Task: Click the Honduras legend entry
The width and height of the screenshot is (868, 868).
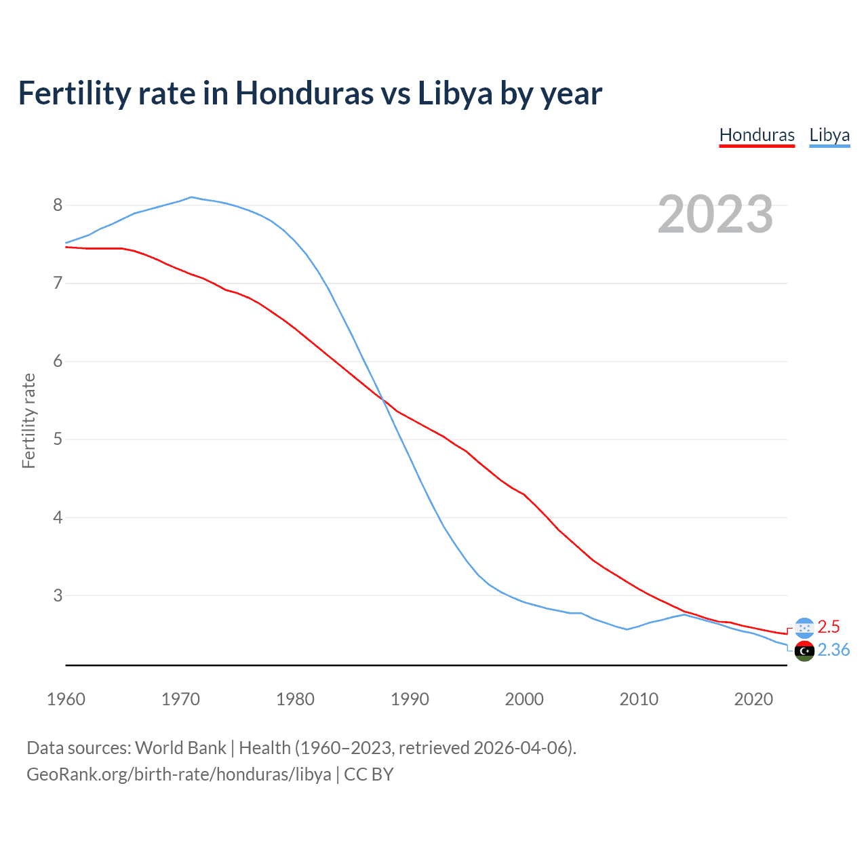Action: coord(756,135)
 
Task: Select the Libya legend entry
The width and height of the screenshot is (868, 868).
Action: coord(829,135)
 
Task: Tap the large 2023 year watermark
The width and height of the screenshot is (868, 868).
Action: coord(715,214)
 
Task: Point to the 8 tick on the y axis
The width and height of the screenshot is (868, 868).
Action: coord(58,205)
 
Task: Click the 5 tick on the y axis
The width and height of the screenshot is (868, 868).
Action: coord(58,439)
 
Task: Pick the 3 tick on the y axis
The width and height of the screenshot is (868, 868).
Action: coord(58,595)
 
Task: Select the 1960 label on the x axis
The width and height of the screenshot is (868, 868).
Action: coord(66,699)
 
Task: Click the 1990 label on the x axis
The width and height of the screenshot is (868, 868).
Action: coord(410,699)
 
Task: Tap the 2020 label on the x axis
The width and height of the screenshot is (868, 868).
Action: coord(753,699)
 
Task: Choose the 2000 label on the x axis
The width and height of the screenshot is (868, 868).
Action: coord(524,699)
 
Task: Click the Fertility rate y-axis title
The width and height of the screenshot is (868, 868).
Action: coord(28,420)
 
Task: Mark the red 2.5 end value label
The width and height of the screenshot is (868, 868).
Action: coord(829,627)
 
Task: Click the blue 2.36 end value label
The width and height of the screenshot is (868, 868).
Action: coord(833,650)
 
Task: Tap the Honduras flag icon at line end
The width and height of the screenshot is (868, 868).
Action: coord(804,628)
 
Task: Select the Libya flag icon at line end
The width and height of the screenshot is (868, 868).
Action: coord(804,651)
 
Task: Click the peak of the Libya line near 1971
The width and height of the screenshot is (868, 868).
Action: coord(191,197)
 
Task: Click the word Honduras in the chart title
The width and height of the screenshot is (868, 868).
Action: coord(304,94)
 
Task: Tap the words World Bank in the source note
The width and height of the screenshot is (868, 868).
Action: coord(180,748)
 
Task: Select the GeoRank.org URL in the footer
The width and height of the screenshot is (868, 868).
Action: coord(179,774)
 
